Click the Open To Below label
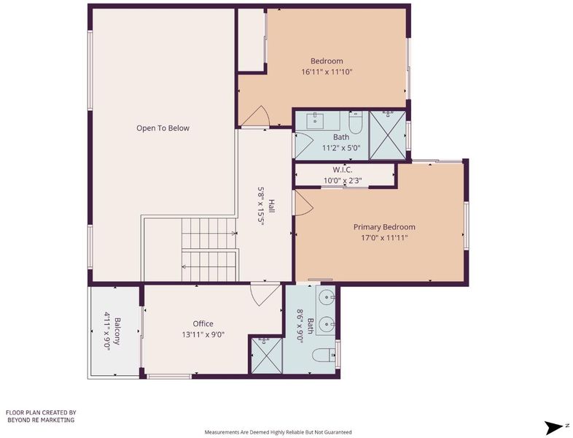coord(163,128)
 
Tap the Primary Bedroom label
coord(384,227)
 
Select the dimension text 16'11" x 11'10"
coord(327,72)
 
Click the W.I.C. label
coord(343,170)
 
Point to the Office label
coord(203,323)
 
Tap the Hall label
coord(271,206)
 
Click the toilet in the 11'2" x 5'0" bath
coord(356,123)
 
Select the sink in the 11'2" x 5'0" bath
coord(315,120)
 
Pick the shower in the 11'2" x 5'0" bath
coord(388,135)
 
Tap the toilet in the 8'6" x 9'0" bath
coord(324,355)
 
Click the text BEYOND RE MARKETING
coord(41,420)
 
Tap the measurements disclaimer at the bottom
coord(278,432)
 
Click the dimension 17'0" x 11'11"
coord(384,238)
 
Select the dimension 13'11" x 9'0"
coord(203,334)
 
